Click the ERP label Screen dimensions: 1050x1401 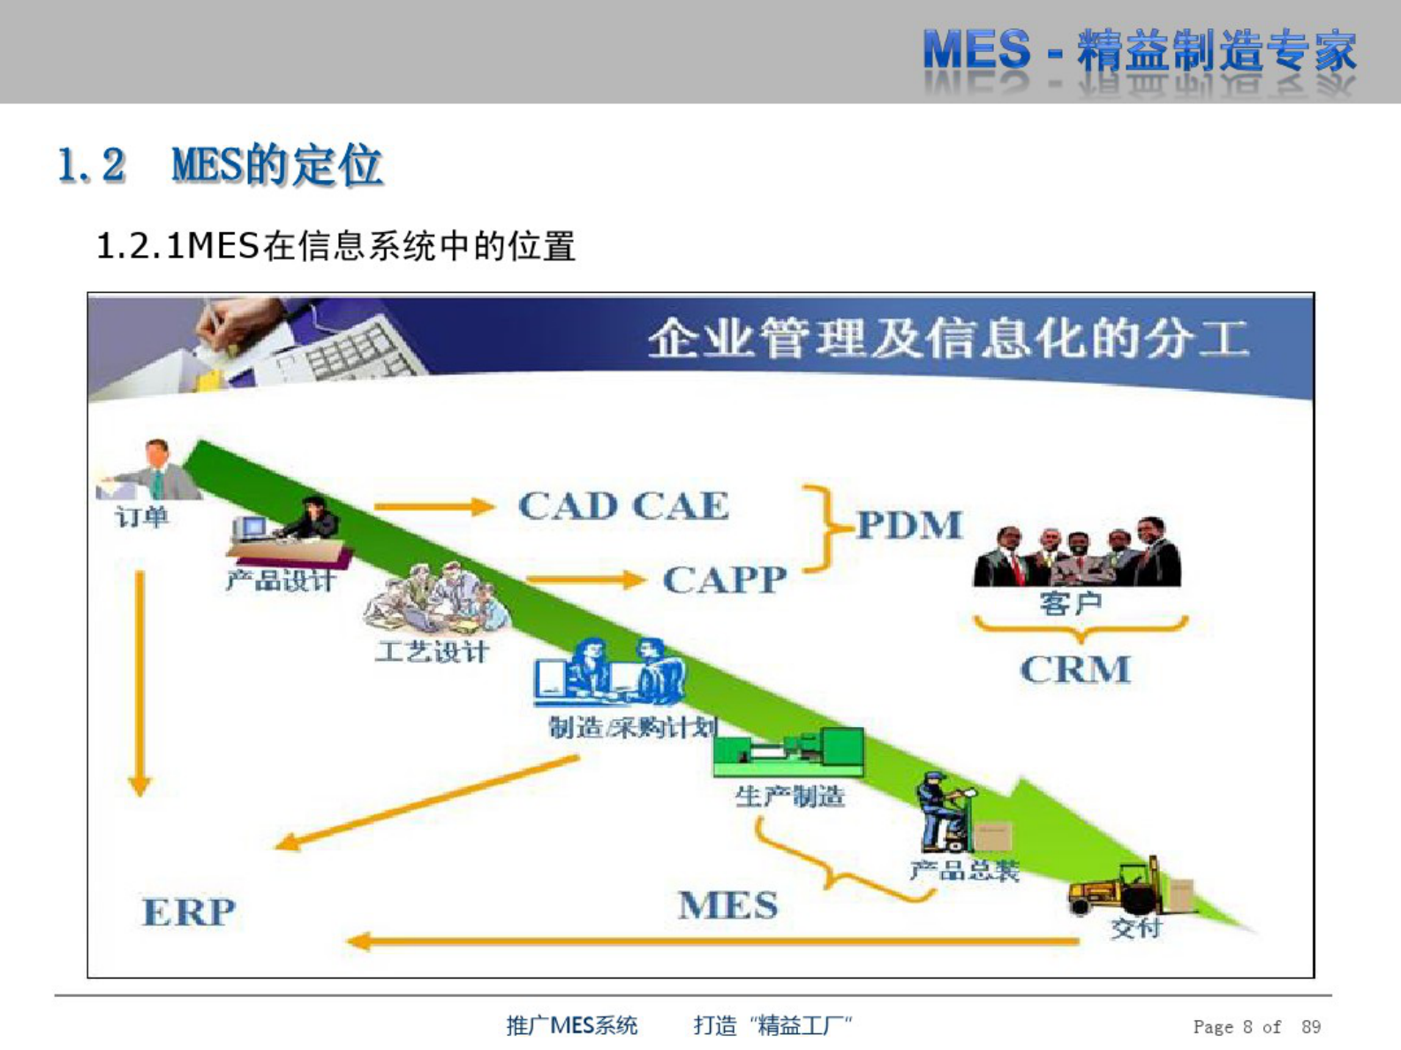pos(189,911)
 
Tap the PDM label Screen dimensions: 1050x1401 pos(909,525)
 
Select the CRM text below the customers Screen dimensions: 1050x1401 pos(1075,670)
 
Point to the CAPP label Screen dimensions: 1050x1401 pos(725,580)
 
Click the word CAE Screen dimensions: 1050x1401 pos(681,506)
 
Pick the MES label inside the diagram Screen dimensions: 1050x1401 pos(728,905)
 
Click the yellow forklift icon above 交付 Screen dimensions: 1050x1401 pos(1114,889)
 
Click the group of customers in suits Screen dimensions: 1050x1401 pos(1077,554)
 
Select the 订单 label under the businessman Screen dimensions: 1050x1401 pos(141,516)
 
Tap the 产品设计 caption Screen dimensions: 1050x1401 pos(281,581)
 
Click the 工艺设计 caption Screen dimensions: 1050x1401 pos(431,652)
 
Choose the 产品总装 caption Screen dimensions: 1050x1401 pos(964,871)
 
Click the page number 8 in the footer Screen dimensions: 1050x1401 pos(1247,1026)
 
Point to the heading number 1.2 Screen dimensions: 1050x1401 pos(92,165)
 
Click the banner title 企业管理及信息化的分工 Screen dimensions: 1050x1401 pos(949,339)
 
